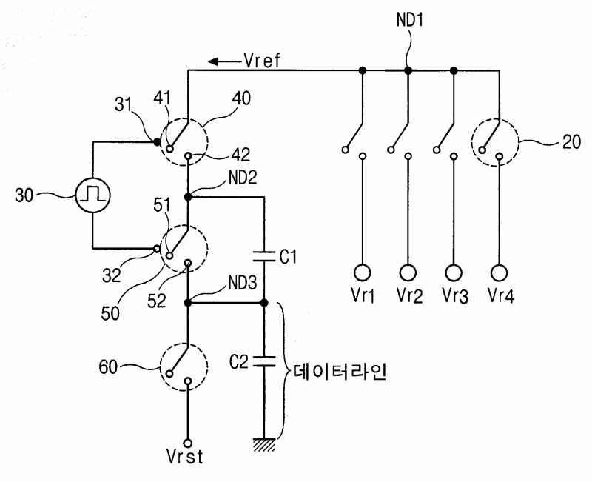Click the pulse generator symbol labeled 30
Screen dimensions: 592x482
(x=93, y=195)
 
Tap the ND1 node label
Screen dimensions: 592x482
(x=410, y=20)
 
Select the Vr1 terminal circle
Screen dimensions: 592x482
(x=362, y=272)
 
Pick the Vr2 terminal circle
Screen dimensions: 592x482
(x=408, y=272)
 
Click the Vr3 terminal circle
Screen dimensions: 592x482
(x=454, y=272)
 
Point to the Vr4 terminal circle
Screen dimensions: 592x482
(x=499, y=272)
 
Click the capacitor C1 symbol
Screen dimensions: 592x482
(x=264, y=256)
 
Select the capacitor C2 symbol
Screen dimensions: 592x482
(x=264, y=361)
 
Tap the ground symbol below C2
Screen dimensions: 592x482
(x=264, y=444)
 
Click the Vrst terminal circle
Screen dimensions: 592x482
(x=188, y=443)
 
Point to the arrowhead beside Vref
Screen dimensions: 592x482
(x=213, y=61)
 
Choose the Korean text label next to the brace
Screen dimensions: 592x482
(x=340, y=373)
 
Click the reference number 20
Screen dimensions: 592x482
(x=571, y=142)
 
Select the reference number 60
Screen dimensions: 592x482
(x=108, y=366)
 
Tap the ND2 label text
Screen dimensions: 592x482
(x=243, y=178)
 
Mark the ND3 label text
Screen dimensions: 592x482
(x=243, y=283)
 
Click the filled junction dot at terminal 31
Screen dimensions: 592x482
(x=157, y=142)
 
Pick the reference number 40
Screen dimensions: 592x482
(x=241, y=98)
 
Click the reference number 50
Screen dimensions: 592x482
(x=110, y=313)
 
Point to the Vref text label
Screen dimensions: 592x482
(x=262, y=61)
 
